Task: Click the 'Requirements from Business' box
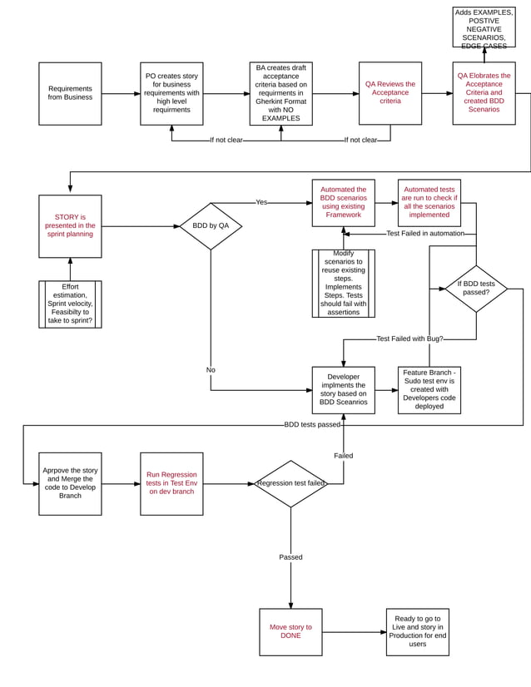[x=70, y=93]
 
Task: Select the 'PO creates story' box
[x=171, y=93]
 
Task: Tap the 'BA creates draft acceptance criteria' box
[x=280, y=93]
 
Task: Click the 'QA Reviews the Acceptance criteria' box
[x=390, y=93]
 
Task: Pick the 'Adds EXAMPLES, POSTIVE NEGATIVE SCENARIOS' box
[x=484, y=27]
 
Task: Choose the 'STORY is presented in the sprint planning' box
[x=70, y=225]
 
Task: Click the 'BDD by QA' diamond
[x=211, y=225]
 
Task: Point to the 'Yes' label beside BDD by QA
[x=261, y=202]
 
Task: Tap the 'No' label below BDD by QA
[x=211, y=369]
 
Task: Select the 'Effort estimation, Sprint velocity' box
[x=70, y=304]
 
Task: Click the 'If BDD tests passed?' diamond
[x=475, y=288]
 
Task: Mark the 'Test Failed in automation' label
[x=425, y=234]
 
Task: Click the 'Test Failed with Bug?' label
[x=409, y=339]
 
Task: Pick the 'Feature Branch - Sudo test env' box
[x=429, y=390]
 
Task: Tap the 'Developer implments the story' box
[x=343, y=390]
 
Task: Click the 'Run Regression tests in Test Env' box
[x=171, y=483]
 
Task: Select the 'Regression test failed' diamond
[x=290, y=483]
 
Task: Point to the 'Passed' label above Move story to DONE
[x=290, y=557]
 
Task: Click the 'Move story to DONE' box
[x=290, y=631]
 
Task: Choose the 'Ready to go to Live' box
[x=417, y=631]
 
